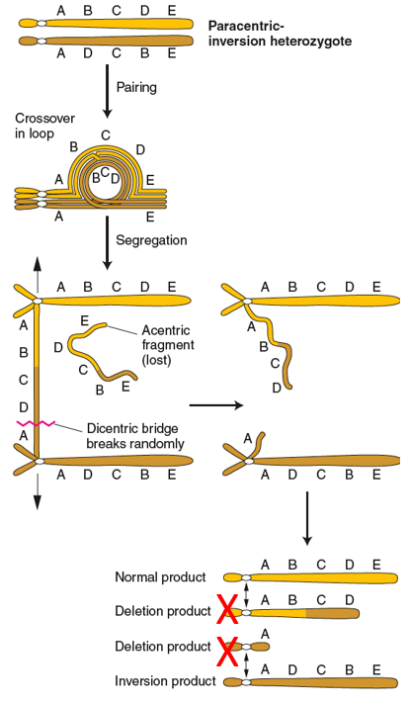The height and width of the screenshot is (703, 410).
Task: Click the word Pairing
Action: click(x=138, y=86)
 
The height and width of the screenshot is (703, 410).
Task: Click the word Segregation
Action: click(x=150, y=239)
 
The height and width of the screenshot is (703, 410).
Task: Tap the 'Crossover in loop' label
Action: click(x=44, y=127)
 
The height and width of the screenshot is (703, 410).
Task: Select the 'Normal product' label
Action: click(x=160, y=577)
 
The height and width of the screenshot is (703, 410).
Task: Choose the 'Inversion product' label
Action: click(x=165, y=681)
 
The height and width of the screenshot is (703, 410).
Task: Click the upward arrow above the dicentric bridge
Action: click(x=37, y=268)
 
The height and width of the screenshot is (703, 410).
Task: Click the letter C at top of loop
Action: click(x=106, y=134)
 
